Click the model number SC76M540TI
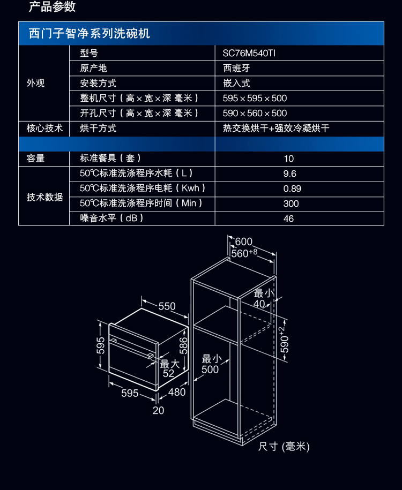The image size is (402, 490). point(249,53)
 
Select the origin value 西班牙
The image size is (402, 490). point(236,68)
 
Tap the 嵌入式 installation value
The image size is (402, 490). point(236,83)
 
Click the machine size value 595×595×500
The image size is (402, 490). point(255,98)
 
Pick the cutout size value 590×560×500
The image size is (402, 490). point(255,113)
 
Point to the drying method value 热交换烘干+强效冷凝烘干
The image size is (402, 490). point(276,129)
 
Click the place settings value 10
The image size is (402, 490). point(289,159)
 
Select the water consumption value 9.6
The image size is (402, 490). point(289,174)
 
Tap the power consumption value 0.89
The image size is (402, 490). point(292,189)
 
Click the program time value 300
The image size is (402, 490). point(291,203)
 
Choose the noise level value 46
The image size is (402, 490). point(289,218)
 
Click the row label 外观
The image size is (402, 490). point(36,83)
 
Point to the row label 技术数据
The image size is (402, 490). point(45,197)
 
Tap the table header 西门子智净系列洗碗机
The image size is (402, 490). point(90,34)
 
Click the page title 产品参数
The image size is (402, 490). point(52,7)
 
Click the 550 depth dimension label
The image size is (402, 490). point(167,306)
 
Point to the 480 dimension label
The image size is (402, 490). point(177,392)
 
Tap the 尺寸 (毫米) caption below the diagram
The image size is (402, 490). point(284,446)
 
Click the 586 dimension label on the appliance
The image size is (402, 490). point(183,348)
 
